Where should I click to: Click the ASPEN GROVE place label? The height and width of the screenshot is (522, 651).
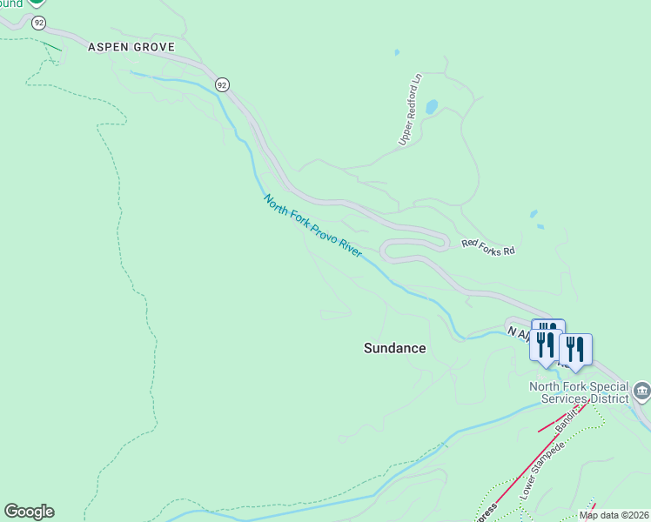point(131,47)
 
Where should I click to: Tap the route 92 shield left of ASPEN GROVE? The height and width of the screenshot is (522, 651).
point(38,23)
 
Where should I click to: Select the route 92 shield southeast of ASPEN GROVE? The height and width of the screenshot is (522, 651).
point(223,84)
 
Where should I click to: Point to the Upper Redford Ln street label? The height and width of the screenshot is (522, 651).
point(410,109)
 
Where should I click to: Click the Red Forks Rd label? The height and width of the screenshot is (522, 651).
point(488,248)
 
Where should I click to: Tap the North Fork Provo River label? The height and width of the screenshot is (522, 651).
point(312,225)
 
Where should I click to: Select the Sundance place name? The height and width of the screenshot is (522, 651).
point(394,348)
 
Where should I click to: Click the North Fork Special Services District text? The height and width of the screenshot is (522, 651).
point(580,392)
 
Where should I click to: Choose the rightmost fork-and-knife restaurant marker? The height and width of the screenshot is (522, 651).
point(575,350)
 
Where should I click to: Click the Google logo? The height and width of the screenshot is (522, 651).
point(29,512)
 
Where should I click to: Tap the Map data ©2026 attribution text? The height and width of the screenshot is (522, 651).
point(614,515)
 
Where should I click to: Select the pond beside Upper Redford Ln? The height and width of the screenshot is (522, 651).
point(431,107)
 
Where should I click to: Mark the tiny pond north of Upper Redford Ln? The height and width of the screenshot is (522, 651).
point(397,52)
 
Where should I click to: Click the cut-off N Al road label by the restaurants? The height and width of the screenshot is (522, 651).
point(519,332)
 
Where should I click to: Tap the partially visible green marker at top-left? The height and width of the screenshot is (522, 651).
point(37,3)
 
